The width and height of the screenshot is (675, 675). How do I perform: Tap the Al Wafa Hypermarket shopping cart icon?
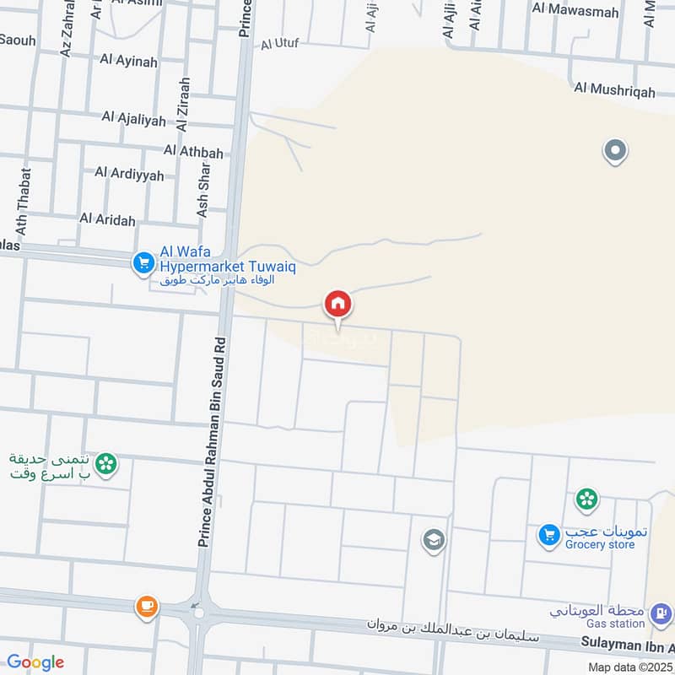[x=142, y=264]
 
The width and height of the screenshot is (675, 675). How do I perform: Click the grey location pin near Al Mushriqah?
[x=615, y=152]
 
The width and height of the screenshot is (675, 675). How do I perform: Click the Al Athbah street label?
[x=194, y=152]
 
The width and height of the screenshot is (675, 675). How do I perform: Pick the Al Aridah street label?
[x=107, y=219]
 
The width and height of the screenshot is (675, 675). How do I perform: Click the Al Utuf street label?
[x=280, y=43]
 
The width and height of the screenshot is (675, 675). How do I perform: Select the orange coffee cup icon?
[x=147, y=606]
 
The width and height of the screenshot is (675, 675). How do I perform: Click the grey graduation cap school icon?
[x=434, y=540]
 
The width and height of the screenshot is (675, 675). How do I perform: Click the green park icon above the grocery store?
[x=586, y=499]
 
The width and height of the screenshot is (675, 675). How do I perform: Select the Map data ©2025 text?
[x=629, y=667]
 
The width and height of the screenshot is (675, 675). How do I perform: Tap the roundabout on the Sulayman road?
[x=199, y=613]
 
